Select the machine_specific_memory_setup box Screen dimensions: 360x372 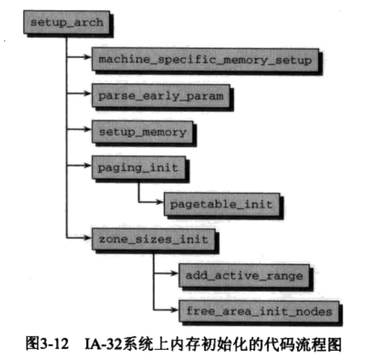[205, 60]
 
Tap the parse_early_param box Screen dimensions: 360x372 [161, 96]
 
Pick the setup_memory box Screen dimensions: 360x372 [142, 132]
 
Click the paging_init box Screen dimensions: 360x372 [138, 168]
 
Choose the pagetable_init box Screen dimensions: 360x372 [221, 204]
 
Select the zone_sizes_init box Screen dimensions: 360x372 [153, 239]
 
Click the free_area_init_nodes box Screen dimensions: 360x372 [259, 311]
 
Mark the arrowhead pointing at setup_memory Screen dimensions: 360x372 [88, 129]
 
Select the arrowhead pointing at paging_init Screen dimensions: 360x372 [88, 165]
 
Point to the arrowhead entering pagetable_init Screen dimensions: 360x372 [160, 201]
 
